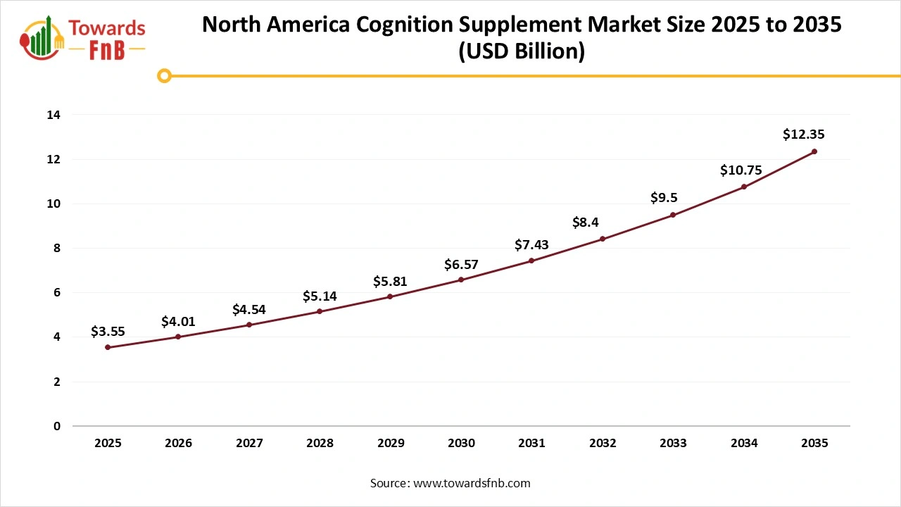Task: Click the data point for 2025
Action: pos(108,347)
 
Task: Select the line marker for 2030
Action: pos(461,280)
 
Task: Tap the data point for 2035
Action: pos(814,151)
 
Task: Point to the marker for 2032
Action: pos(603,239)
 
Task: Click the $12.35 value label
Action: pos(803,134)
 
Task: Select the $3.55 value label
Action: pos(108,331)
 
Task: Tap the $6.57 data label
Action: pos(461,264)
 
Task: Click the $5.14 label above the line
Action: pos(320,296)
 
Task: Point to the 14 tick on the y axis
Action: pos(54,115)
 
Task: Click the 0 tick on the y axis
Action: pos(57,426)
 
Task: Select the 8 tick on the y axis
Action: pos(57,248)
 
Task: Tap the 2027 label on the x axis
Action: pos(249,443)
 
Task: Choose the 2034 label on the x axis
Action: pos(744,443)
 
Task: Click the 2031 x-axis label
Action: pos(531,443)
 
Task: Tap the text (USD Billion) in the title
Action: pos(522,52)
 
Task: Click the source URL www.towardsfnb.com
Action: pos(471,483)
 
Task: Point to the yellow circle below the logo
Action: pos(164,75)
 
